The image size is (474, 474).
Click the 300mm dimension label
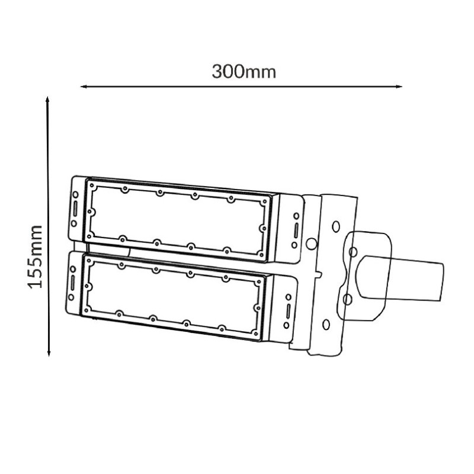click(x=244, y=72)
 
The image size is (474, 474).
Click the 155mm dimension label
click(x=35, y=257)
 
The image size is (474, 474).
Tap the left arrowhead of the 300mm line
click(x=84, y=87)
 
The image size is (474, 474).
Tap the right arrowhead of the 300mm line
click(x=399, y=87)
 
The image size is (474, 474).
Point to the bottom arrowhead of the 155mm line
click(x=49, y=353)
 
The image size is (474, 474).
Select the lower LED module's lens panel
click(x=172, y=297)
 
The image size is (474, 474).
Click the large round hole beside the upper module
click(x=311, y=244)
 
